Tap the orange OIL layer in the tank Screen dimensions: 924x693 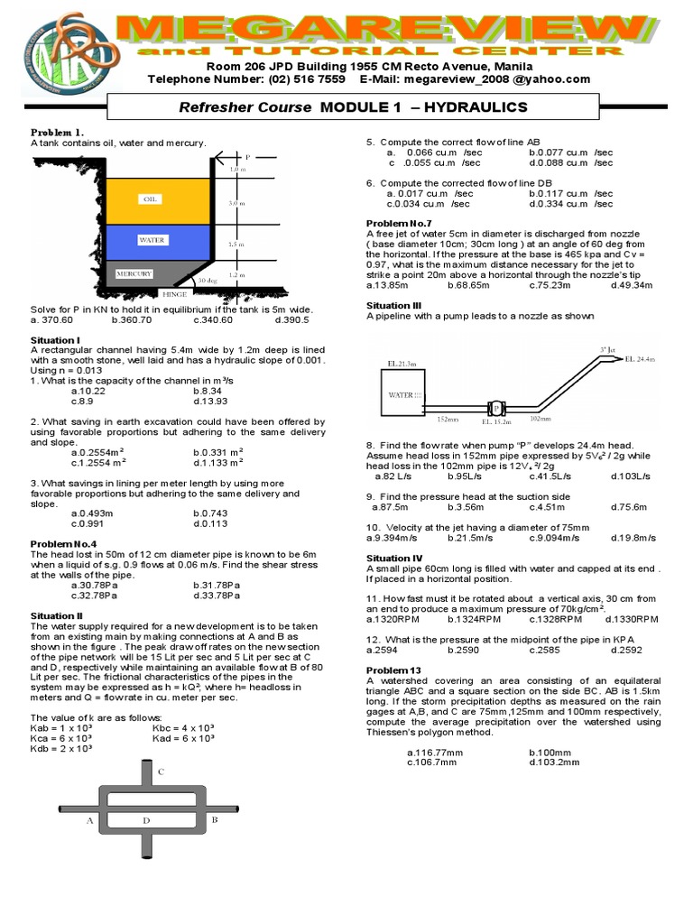pyautogui.click(x=151, y=199)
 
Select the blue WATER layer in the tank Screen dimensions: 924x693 pyautogui.click(x=151, y=241)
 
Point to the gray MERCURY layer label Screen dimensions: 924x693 pyautogui.click(x=134, y=273)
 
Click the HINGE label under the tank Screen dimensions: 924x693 pyautogui.click(x=174, y=294)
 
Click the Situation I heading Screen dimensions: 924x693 pyautogui.click(x=55, y=340)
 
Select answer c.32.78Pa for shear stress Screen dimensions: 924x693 pyautogui.click(x=94, y=596)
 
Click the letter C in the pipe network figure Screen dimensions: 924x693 pyautogui.click(x=161, y=772)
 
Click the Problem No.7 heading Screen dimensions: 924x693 pyautogui.click(x=399, y=222)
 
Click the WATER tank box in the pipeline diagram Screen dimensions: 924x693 pyautogui.click(x=400, y=393)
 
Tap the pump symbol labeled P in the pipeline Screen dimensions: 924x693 pyautogui.click(x=495, y=407)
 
